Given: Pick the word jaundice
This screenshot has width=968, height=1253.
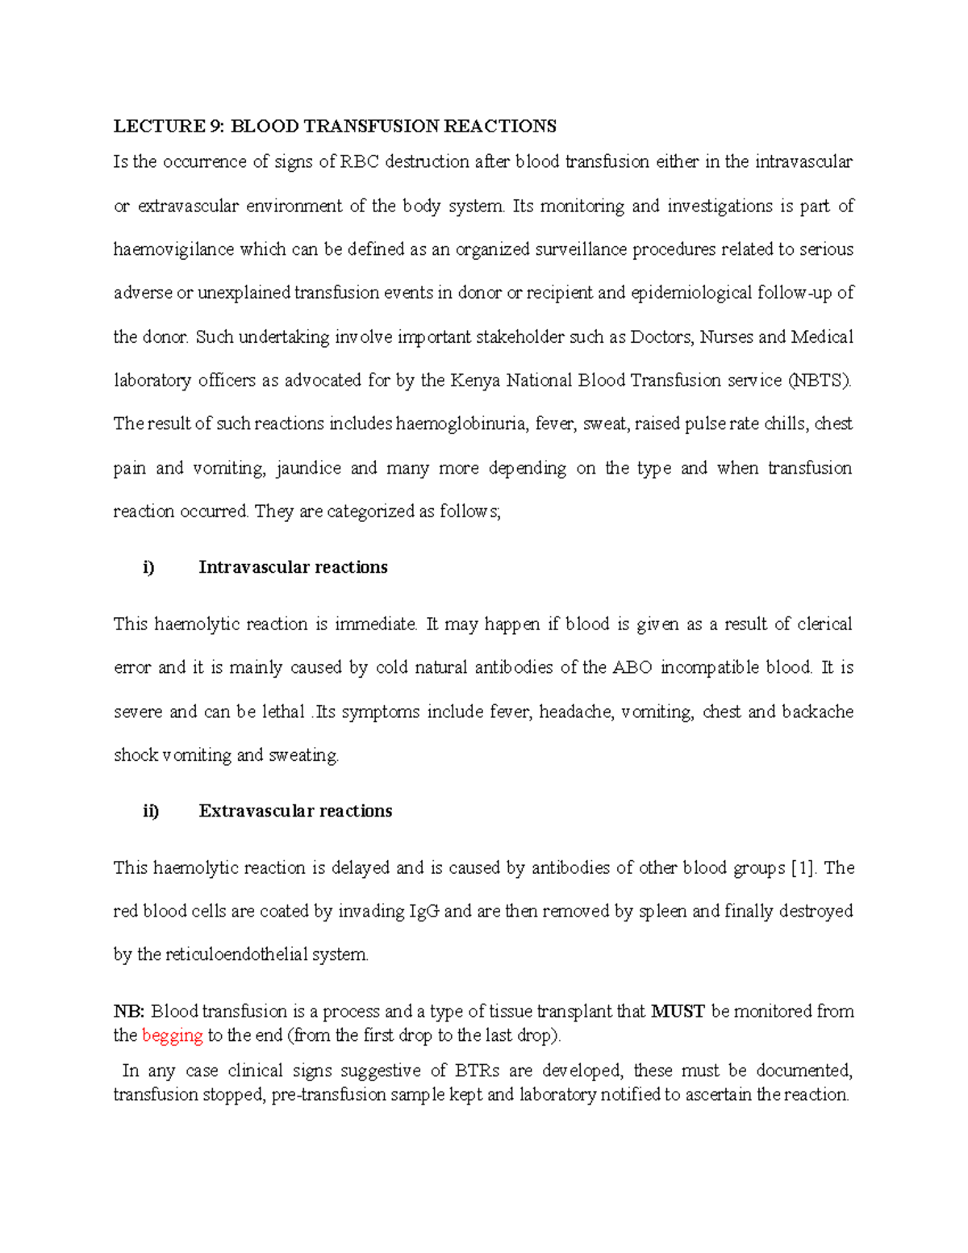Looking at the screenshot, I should [309, 468].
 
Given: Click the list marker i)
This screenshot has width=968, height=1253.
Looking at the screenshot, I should [148, 567].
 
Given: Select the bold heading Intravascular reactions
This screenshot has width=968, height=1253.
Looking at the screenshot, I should [293, 567].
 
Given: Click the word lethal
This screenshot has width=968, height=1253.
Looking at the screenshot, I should [283, 712].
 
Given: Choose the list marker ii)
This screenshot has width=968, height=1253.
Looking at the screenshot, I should [151, 811].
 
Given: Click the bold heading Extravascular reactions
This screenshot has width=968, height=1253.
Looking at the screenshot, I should [295, 811].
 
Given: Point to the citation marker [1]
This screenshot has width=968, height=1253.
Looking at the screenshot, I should [804, 868].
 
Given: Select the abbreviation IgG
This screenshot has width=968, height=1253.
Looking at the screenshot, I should [424, 912].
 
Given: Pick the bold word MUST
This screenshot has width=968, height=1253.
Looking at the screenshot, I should [678, 1012].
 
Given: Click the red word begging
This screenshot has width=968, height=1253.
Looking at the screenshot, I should [172, 1035].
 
